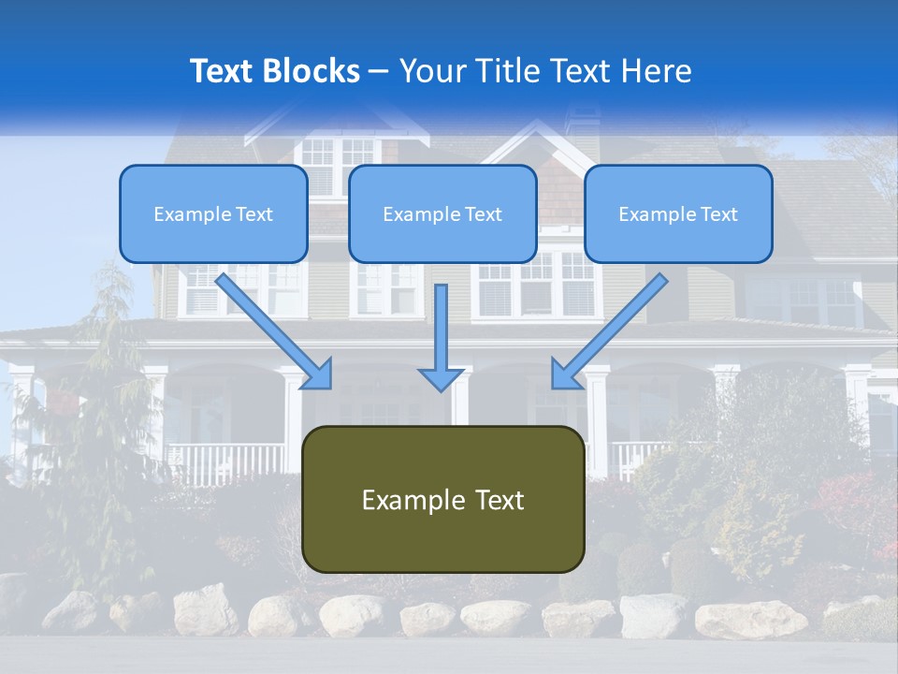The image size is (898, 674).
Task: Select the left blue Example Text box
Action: click(213, 213)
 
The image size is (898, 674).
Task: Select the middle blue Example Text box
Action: click(442, 213)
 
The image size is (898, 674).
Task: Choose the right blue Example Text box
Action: click(678, 213)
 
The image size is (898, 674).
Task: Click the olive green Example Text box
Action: click(443, 499)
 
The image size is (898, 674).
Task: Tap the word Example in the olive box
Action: click(412, 500)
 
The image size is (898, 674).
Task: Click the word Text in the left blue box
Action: click(253, 214)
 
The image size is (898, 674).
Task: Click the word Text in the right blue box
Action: click(718, 214)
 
